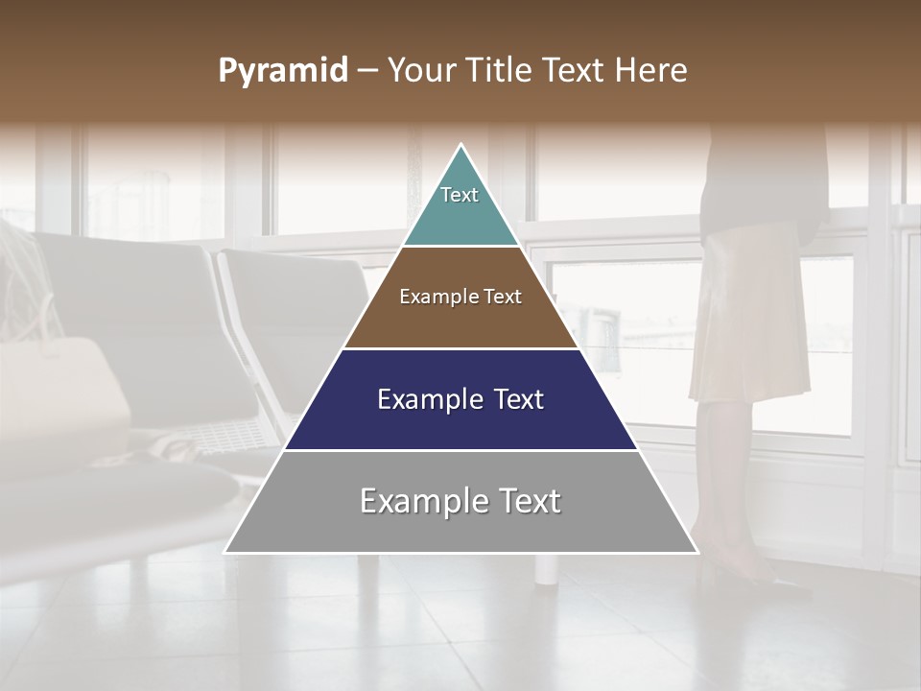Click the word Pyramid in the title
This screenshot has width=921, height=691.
coord(282,71)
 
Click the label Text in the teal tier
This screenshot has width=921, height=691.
coord(460,195)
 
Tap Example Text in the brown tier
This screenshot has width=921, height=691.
coord(460,297)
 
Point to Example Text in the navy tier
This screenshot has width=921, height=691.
coord(460,399)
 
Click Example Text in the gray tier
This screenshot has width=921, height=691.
coord(460,501)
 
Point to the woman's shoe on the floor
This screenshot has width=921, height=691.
coord(758,579)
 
